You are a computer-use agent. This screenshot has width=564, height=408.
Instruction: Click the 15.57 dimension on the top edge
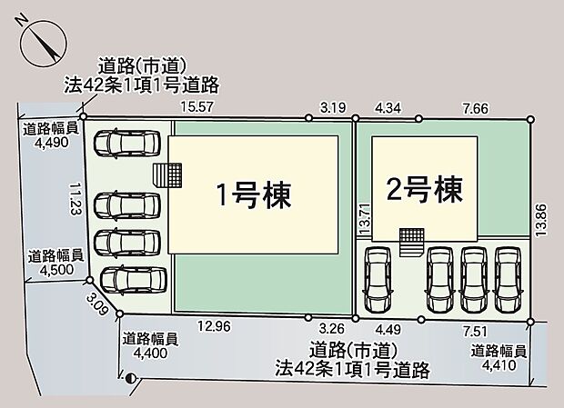(196, 107)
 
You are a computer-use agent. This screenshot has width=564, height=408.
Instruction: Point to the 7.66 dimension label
(475, 107)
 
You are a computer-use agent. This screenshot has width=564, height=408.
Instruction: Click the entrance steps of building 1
(168, 174)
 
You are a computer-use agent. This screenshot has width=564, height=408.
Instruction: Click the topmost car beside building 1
(127, 145)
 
